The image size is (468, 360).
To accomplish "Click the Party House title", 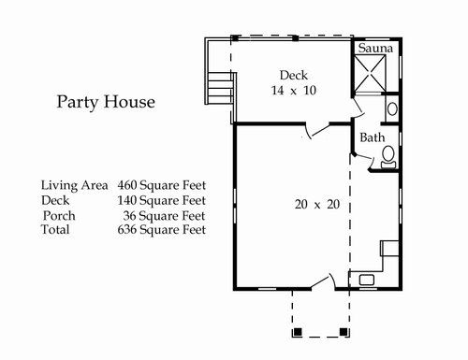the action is [x=106, y=102].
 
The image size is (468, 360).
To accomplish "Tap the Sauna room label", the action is [x=375, y=48].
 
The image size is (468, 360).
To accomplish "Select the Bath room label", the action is [x=373, y=137].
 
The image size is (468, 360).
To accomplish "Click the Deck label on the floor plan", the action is [x=294, y=75].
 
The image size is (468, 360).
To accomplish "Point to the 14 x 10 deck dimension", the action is [x=294, y=91].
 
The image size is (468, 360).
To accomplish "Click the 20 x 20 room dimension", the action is [x=317, y=205].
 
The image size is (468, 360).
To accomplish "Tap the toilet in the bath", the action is [x=388, y=157].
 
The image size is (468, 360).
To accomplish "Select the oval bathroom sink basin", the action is [x=392, y=109].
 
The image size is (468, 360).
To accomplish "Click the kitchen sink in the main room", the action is [x=367, y=280].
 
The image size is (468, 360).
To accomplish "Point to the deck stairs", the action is [x=219, y=89].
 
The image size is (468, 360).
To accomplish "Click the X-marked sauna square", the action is [x=370, y=74].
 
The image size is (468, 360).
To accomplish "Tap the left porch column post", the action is [x=298, y=332].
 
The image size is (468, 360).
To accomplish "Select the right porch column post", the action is [x=344, y=332].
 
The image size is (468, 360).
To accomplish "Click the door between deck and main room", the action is [x=317, y=131].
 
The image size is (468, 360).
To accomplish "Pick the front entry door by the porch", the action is [x=323, y=282].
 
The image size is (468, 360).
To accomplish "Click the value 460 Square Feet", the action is [x=162, y=185].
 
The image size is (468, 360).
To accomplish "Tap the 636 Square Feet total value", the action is [x=162, y=230].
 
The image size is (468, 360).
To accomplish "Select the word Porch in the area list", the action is [x=59, y=216].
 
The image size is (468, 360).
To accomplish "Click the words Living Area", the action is [x=75, y=185].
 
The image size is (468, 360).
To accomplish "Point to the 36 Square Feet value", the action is [x=164, y=216].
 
